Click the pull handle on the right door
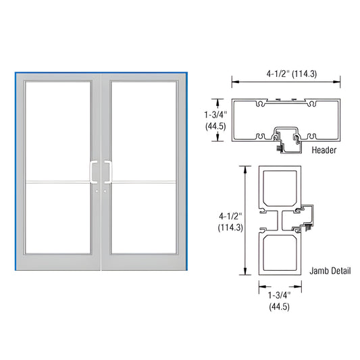coord(107,172)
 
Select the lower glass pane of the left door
coord(57,220)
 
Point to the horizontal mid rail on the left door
coord(57,182)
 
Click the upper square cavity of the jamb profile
coord(278,190)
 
